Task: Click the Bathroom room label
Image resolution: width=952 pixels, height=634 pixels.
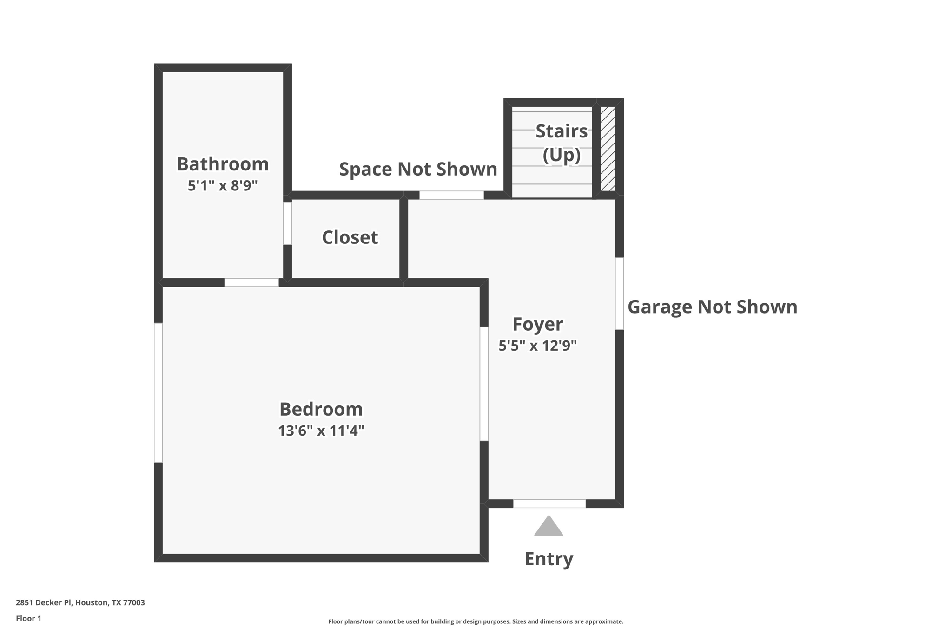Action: pyautogui.click(x=223, y=164)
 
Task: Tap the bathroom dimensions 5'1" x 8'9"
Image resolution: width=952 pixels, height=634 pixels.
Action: pyautogui.click(x=223, y=186)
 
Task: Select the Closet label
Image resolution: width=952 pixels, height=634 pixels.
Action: pyautogui.click(x=350, y=237)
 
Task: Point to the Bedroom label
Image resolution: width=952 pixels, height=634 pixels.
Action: pyautogui.click(x=321, y=409)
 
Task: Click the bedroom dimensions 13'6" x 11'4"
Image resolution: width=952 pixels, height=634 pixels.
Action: pyautogui.click(x=321, y=431)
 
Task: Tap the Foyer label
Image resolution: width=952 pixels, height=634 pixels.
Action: pyautogui.click(x=538, y=324)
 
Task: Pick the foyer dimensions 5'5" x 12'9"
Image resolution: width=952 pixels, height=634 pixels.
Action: pyautogui.click(x=538, y=346)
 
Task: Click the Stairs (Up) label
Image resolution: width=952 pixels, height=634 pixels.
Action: pyautogui.click(x=562, y=143)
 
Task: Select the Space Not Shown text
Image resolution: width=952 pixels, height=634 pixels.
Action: pyautogui.click(x=418, y=169)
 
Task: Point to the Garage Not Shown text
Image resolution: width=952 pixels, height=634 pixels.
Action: pyautogui.click(x=712, y=307)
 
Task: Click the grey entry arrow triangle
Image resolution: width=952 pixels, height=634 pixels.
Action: pyautogui.click(x=549, y=528)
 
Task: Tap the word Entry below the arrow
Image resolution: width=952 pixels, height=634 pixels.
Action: pyautogui.click(x=549, y=559)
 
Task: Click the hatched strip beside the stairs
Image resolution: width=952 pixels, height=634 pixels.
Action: pyautogui.click(x=608, y=148)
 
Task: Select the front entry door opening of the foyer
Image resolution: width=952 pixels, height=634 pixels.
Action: pyautogui.click(x=549, y=503)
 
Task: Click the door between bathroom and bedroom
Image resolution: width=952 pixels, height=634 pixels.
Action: pyautogui.click(x=251, y=282)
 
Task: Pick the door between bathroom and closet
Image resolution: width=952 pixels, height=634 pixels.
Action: pyautogui.click(x=288, y=223)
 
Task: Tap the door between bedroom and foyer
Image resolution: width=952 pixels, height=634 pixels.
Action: pyautogui.click(x=484, y=384)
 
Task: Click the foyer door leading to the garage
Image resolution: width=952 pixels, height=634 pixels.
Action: pyautogui.click(x=620, y=294)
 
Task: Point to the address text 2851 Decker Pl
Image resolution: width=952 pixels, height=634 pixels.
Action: pyautogui.click(x=80, y=602)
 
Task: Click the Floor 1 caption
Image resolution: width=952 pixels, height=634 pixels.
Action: pyautogui.click(x=29, y=618)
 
